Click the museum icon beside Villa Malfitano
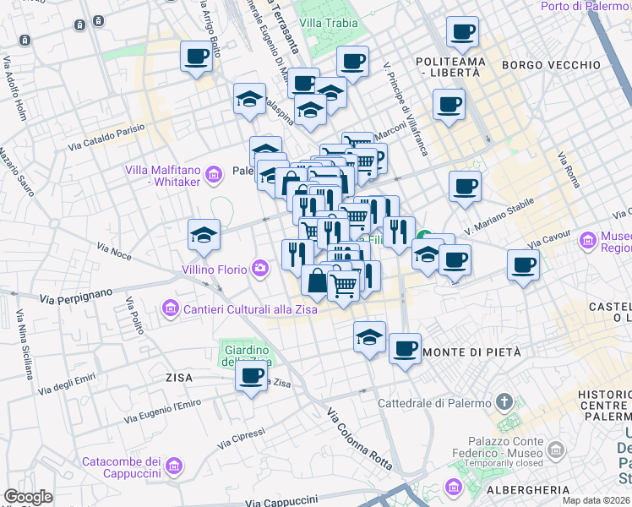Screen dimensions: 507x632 point(214,175)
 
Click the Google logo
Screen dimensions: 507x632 point(28,498)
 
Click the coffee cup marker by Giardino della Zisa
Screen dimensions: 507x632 point(251,376)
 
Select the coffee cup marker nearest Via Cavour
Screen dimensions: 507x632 point(523,264)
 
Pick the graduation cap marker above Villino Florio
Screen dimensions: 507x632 point(204,234)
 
